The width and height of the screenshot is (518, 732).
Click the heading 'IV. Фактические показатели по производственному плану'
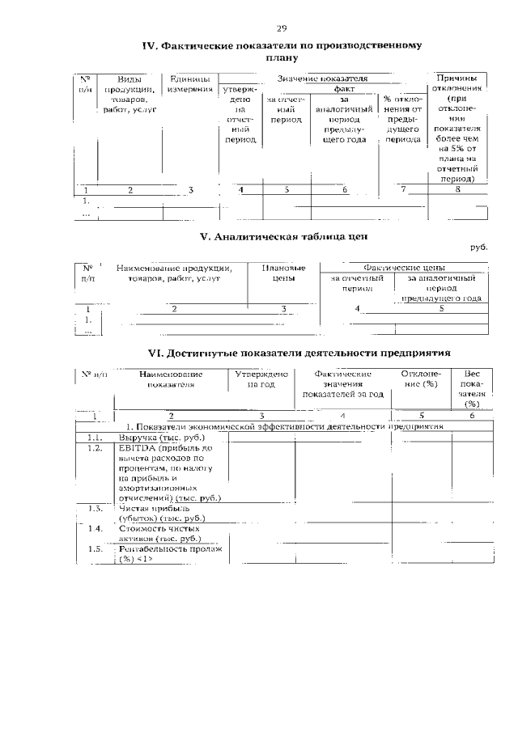click(282, 52)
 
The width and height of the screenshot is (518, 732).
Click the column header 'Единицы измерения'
click(191, 83)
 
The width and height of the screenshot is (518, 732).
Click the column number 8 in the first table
click(457, 190)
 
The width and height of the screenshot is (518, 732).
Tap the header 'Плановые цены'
click(283, 273)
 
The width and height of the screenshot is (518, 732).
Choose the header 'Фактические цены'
click(405, 267)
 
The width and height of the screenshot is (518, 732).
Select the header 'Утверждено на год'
click(261, 379)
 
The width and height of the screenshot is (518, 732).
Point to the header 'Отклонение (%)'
click(421, 379)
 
